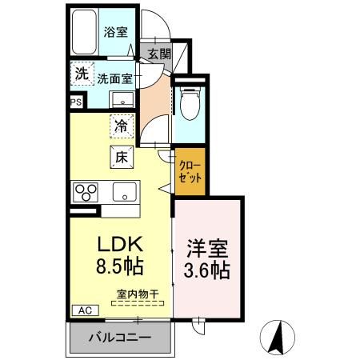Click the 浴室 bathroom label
tap(115, 33)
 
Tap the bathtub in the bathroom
tap(84, 34)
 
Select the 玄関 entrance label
tap(159, 54)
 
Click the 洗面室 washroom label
tap(115, 78)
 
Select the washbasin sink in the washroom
tap(122, 100)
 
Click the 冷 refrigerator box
tap(121, 126)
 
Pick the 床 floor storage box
tap(122, 157)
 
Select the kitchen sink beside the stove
tap(123, 192)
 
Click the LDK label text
tap(120, 243)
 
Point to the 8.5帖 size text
tap(120, 266)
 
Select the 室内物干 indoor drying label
tap(138, 294)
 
